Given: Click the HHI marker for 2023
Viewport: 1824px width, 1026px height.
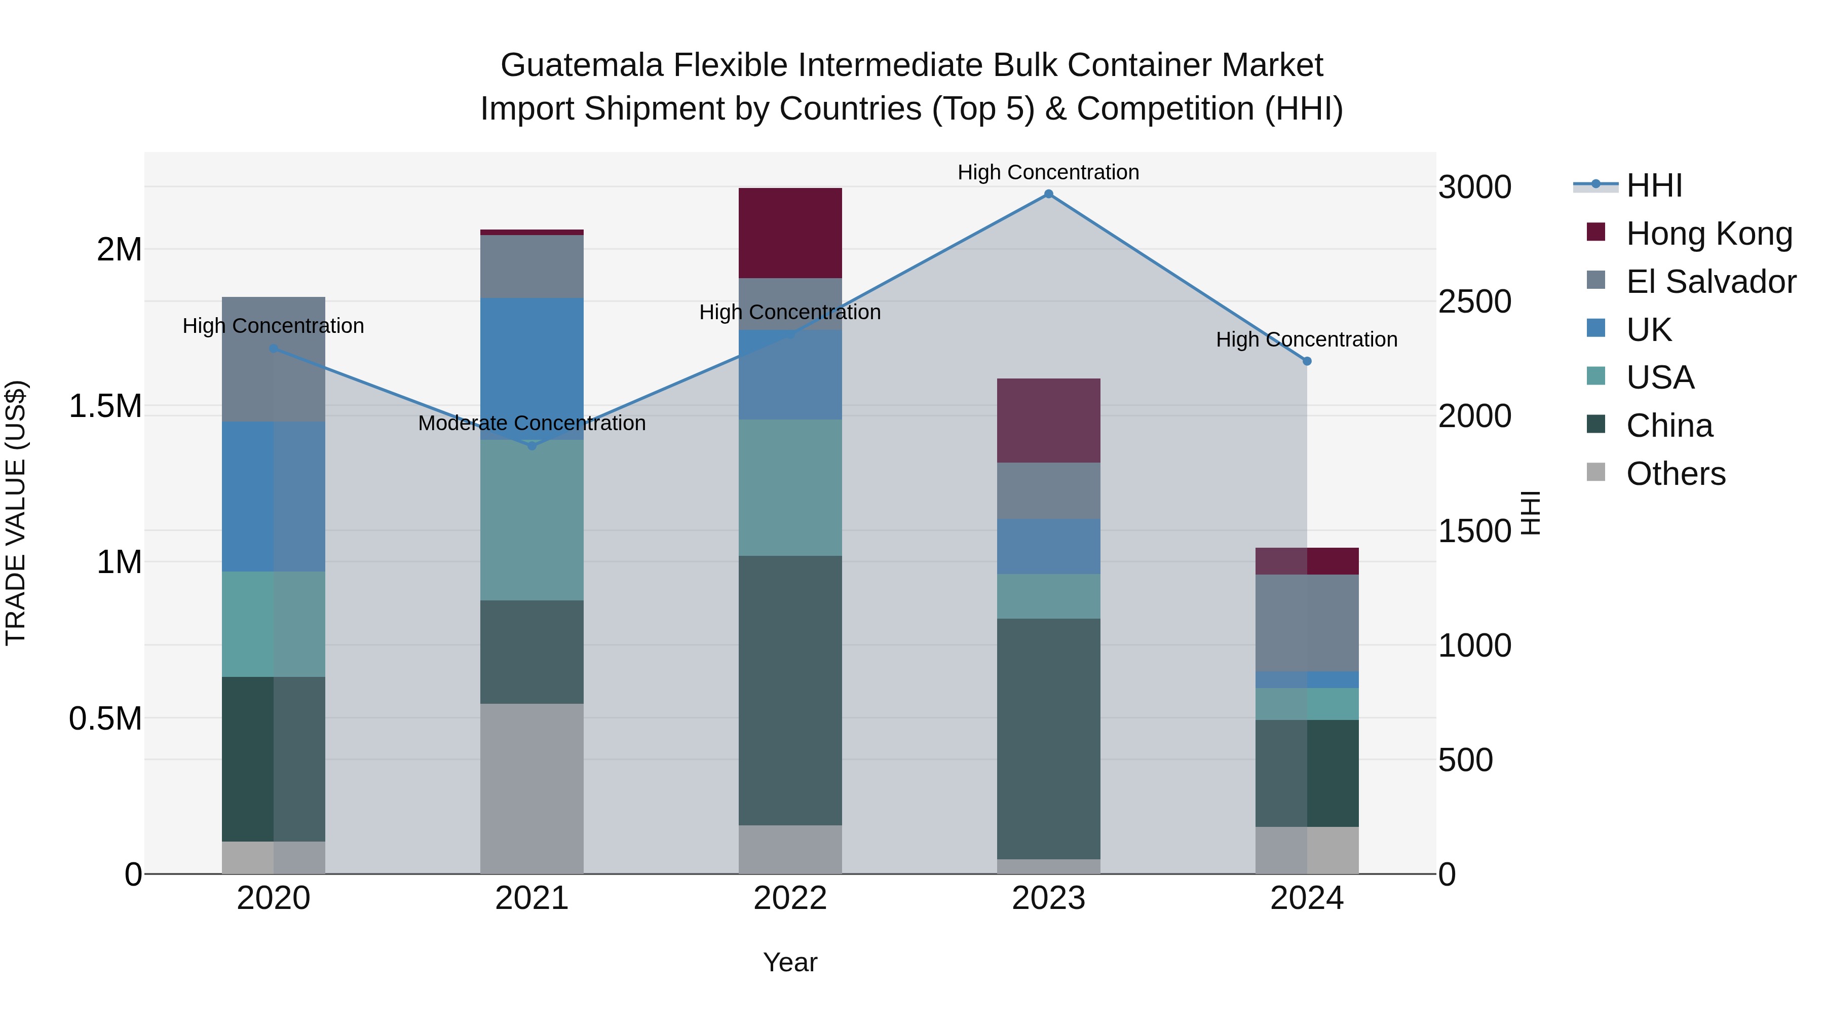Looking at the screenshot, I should (x=1049, y=194).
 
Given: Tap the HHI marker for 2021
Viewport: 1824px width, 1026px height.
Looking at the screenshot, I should (x=532, y=445).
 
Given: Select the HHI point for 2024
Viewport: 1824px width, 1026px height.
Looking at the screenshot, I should (x=1307, y=361).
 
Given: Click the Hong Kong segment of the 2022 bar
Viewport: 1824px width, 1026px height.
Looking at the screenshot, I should (x=790, y=233).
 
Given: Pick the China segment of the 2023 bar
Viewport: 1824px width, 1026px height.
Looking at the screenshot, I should (x=1049, y=739).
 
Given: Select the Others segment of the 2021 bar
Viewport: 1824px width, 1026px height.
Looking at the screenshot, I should (x=532, y=788).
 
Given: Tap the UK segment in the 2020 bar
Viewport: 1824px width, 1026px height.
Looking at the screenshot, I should (x=273, y=497).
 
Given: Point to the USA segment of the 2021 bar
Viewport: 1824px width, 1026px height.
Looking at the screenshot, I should (x=532, y=520).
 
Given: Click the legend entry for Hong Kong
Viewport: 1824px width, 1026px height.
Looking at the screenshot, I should (x=1708, y=234).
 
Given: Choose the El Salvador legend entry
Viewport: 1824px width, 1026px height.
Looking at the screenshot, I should (x=1711, y=282).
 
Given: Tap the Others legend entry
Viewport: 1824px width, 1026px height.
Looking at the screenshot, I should (x=1676, y=474).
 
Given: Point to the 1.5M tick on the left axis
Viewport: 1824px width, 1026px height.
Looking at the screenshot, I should (x=105, y=406).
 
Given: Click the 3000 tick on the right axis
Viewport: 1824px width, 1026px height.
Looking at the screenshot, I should (x=1475, y=187).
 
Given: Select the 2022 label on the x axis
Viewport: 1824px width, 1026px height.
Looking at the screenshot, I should (x=790, y=898).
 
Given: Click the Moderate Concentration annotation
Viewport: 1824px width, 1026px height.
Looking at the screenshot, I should (x=532, y=424).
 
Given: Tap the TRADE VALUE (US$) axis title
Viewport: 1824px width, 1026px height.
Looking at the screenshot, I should (x=16, y=513).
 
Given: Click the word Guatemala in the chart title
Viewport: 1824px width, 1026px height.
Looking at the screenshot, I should (x=582, y=65).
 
